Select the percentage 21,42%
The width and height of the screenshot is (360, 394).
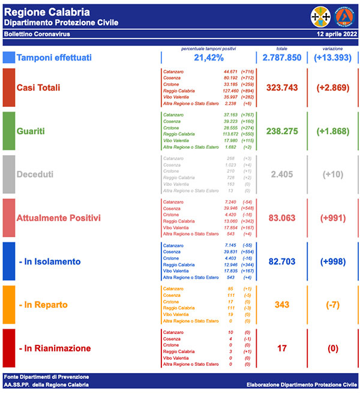click(x=209, y=58)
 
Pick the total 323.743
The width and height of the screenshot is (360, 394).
click(x=277, y=88)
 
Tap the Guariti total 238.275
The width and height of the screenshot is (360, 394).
click(x=277, y=131)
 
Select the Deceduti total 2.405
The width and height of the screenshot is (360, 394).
click(x=277, y=174)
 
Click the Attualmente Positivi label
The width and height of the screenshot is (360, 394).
click(x=59, y=217)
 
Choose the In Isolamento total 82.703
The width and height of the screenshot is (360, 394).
click(x=277, y=261)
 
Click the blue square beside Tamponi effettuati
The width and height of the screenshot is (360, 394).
click(x=8, y=58)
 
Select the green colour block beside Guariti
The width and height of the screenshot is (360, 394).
click(x=8, y=131)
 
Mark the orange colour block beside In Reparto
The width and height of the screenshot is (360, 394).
click(x=8, y=305)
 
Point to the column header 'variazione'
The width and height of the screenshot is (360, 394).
click(x=331, y=48)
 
